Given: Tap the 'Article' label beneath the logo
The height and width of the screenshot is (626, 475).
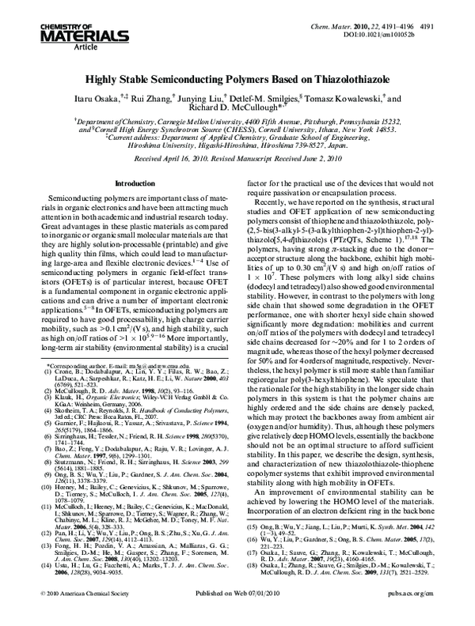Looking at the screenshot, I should point(40,47).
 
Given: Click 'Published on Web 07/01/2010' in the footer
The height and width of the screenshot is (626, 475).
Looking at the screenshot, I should point(237,613).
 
